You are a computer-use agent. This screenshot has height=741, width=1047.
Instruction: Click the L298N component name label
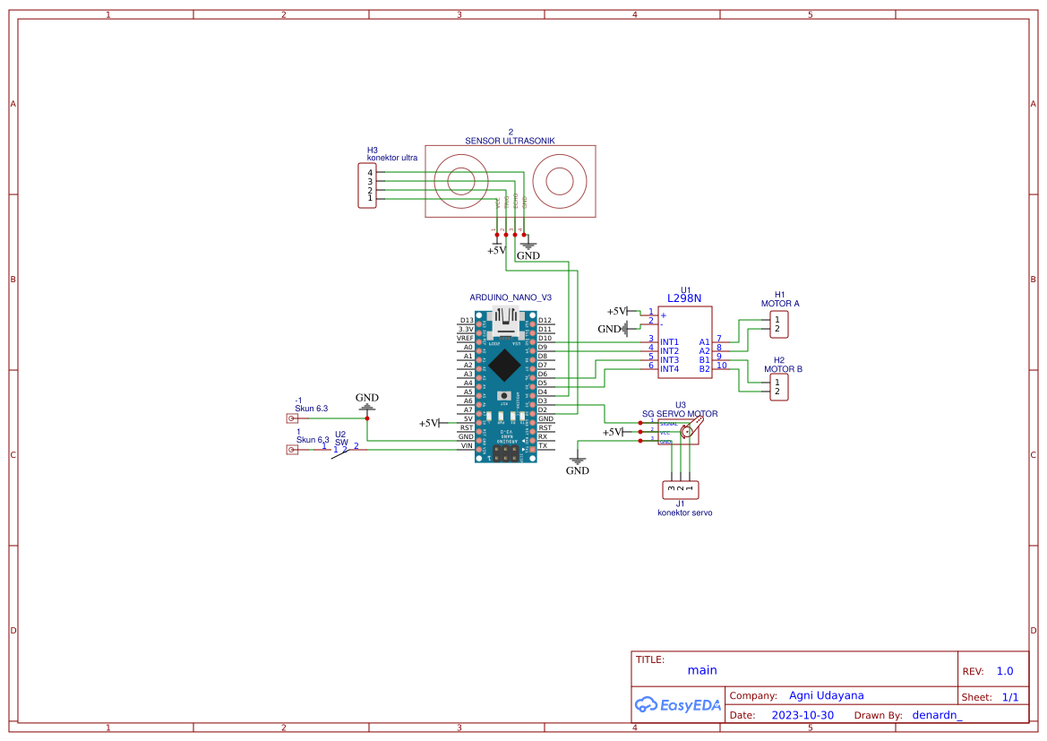pyautogui.click(x=684, y=298)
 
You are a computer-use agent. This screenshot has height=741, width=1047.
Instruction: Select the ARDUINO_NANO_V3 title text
pyautogui.click(x=511, y=297)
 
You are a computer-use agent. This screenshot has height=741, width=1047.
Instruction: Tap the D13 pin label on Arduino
pyautogui.click(x=466, y=320)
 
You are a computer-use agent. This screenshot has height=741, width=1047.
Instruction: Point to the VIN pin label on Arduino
pyautogui.click(x=466, y=445)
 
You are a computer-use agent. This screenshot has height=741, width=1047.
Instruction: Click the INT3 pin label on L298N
pyautogui.click(x=669, y=360)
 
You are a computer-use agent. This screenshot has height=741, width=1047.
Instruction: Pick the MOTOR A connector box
pyautogui.click(x=778, y=324)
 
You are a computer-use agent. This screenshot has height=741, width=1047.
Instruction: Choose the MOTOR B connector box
pyautogui.click(x=778, y=387)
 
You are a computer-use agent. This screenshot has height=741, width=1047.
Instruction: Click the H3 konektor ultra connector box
pyautogui.click(x=367, y=185)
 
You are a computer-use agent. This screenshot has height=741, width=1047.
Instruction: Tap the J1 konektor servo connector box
pyautogui.click(x=680, y=489)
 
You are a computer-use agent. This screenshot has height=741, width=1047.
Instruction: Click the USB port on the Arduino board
pyautogui.click(x=508, y=320)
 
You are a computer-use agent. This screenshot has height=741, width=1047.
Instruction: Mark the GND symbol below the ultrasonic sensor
pyautogui.click(x=528, y=246)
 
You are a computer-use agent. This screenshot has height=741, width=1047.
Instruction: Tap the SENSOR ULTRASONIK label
pyautogui.click(x=510, y=141)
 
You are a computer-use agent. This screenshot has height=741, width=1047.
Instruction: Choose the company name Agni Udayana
pyautogui.click(x=826, y=695)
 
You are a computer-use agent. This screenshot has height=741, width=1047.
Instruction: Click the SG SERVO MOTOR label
pyautogui.click(x=680, y=414)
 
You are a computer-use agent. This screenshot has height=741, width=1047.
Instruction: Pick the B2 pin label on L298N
pyautogui.click(x=705, y=369)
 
